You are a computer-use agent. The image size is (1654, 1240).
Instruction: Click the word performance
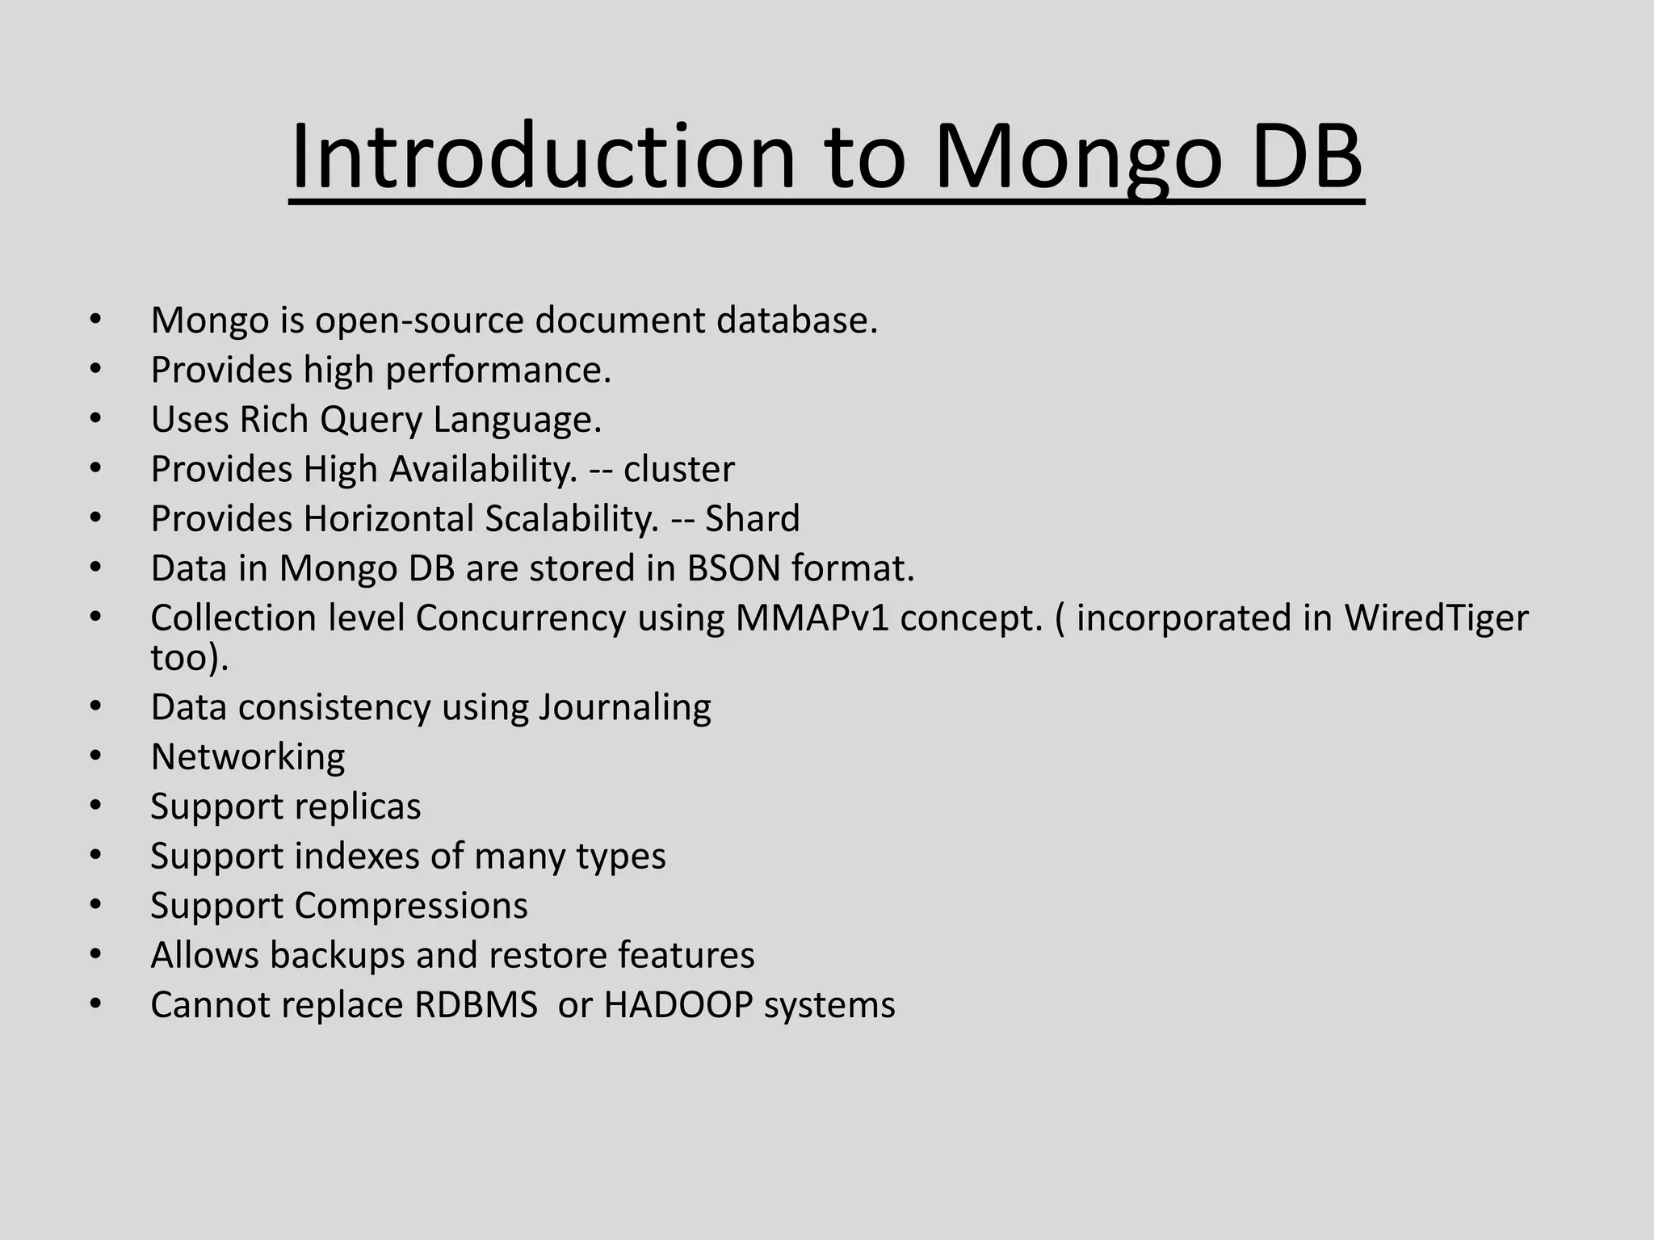(497, 371)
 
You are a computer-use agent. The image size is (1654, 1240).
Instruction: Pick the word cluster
(678, 470)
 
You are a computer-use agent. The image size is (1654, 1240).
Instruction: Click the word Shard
(752, 519)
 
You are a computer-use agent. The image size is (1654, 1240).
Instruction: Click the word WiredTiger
(1435, 618)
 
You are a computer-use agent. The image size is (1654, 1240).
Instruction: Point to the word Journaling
(624, 708)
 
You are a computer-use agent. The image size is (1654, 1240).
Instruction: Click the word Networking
(247, 757)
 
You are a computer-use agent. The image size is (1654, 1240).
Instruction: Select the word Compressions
(410, 906)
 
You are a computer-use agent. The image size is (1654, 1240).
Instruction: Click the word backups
(336, 956)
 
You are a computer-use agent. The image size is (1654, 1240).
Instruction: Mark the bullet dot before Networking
(95, 757)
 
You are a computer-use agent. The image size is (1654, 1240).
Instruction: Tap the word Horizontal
(388, 519)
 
